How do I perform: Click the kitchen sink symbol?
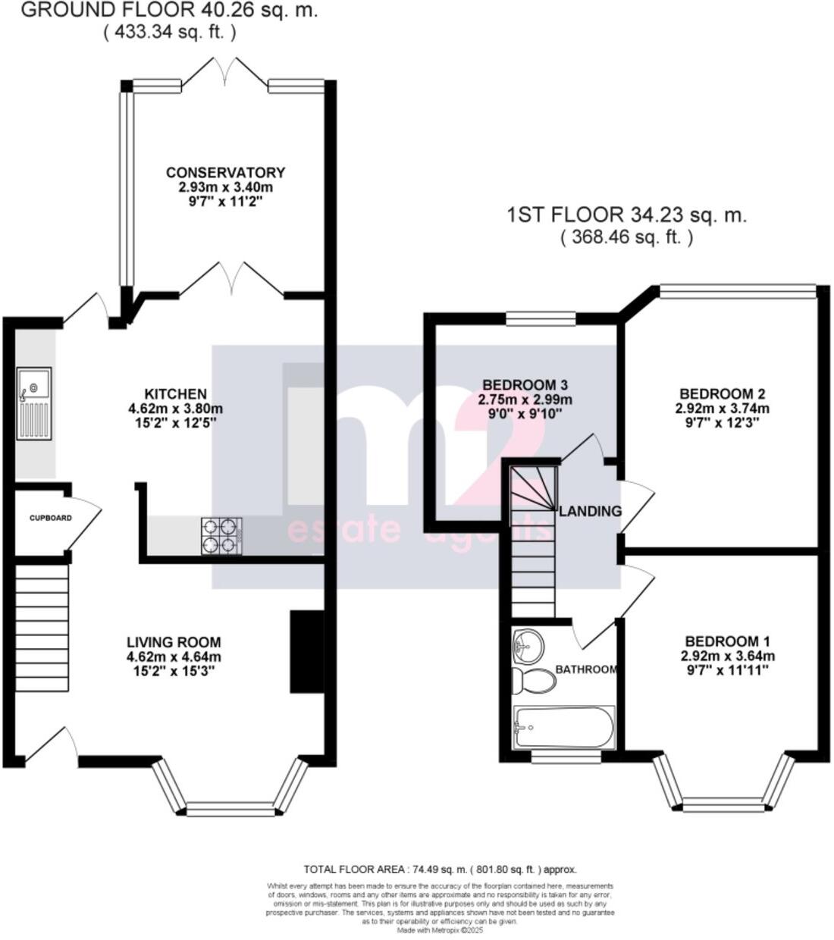coord(34,403)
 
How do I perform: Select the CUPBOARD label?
coord(51,519)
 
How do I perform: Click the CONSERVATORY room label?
coord(225,173)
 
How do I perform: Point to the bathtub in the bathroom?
coord(563,728)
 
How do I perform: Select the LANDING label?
coord(590,511)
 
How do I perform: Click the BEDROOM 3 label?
coord(525,385)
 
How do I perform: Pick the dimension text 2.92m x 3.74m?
coord(722,409)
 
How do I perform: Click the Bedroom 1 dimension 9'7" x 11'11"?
coord(722,670)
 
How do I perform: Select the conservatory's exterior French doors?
coord(224,74)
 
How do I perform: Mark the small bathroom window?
coord(566,755)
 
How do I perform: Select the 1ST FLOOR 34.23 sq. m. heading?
coord(626,215)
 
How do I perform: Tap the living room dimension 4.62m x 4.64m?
coord(174,656)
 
